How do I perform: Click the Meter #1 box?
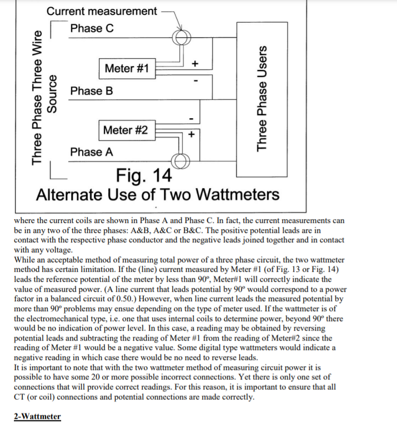127,68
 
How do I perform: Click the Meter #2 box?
125,130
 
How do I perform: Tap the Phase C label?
92,28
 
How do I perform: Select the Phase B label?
92,91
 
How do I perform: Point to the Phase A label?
92,152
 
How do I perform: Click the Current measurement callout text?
102,11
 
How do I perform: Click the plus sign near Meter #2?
192,134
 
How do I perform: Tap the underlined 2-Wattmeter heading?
37,417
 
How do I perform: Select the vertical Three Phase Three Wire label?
38,97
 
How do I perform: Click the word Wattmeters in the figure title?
238,195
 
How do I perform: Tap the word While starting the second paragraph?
26,259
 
